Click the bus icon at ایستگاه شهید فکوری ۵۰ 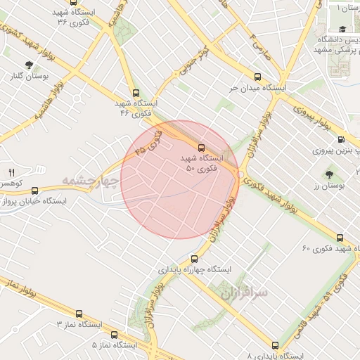point(202,148)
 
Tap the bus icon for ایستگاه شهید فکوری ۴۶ point(136,92)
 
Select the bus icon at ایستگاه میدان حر point(257,77)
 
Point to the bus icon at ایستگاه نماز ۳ point(78,314)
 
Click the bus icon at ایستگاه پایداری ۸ point(275,345)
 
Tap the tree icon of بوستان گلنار point(28,65)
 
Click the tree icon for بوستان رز point(329,173)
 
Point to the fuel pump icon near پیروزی point(341,140)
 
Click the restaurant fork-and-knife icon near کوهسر point(11,172)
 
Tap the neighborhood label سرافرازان point(243,290)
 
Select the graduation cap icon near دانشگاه point(342,30)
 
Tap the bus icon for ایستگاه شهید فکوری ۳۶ point(73,2)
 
